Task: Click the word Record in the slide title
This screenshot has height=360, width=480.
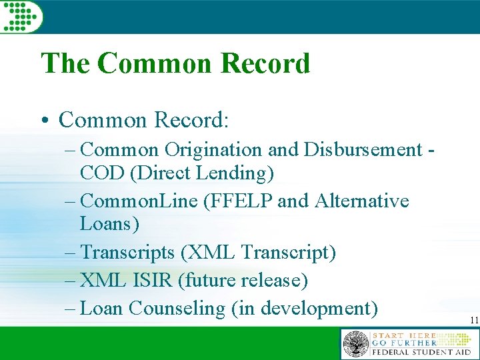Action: click(265, 63)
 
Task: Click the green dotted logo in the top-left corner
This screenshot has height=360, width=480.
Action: click(21, 15)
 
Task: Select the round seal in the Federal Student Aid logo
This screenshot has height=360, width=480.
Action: click(355, 345)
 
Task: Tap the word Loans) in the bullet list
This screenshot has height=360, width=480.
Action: click(109, 224)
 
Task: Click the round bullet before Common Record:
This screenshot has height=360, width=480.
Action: click(44, 121)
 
